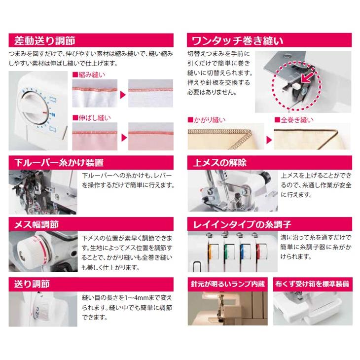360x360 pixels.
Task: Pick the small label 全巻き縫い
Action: tap(296, 120)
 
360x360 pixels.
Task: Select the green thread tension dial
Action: tap(230, 250)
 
